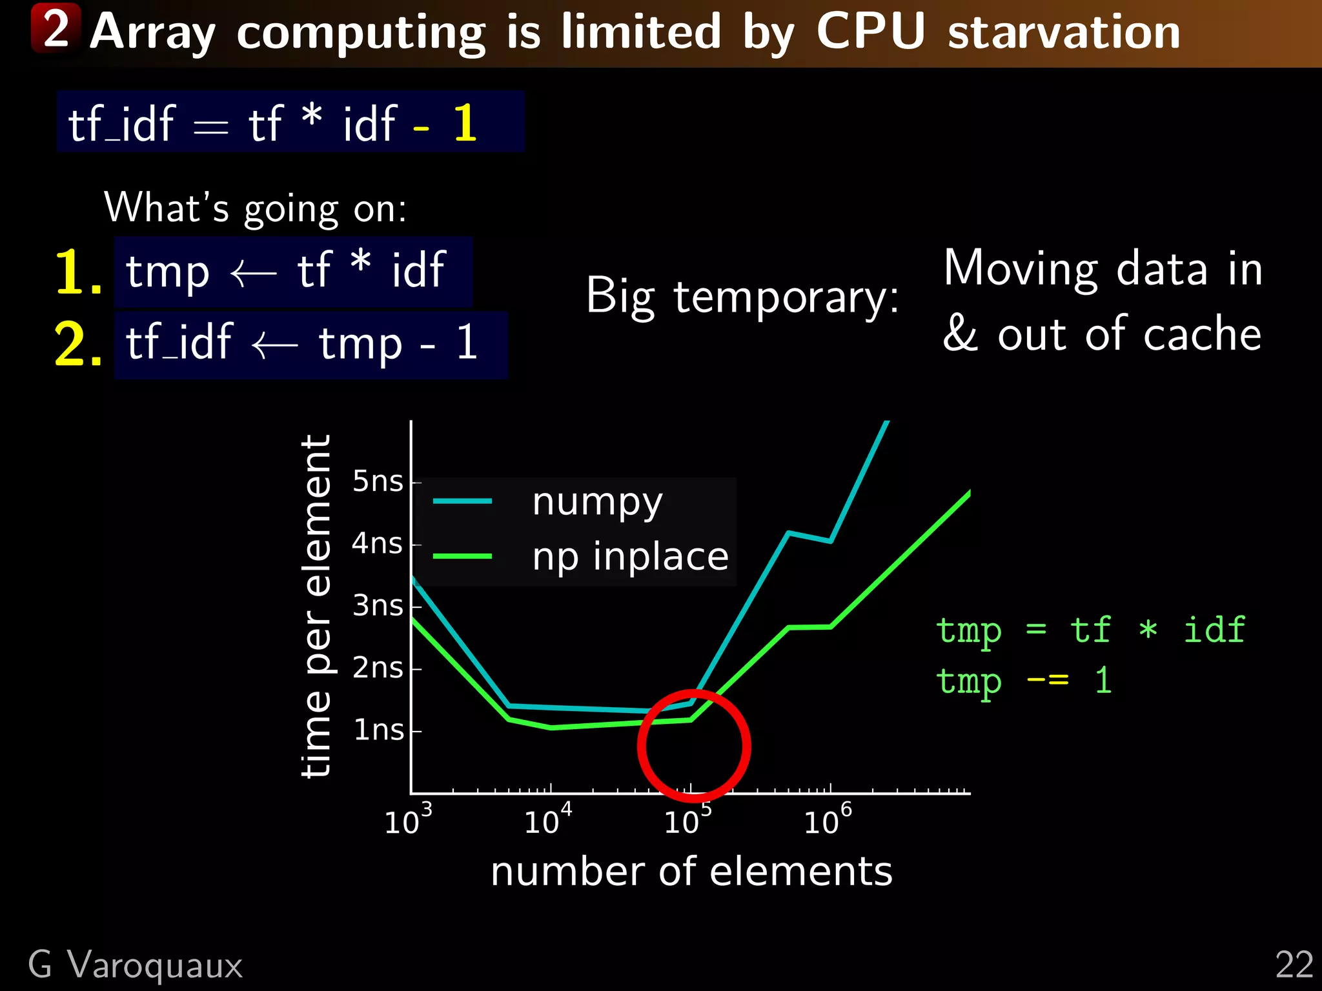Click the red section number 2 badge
pyautogui.click(x=56, y=28)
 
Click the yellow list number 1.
pyautogui.click(x=77, y=272)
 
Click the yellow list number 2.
pyautogui.click(x=77, y=345)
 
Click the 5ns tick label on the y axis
pyautogui.click(x=378, y=481)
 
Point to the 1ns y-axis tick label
pyautogui.click(x=379, y=730)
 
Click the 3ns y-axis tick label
pyautogui.click(x=378, y=606)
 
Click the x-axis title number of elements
pyautogui.click(x=691, y=872)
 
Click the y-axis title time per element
pyautogui.click(x=316, y=606)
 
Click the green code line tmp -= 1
pyautogui.click(x=1024, y=681)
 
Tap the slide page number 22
pyautogui.click(x=1294, y=965)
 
